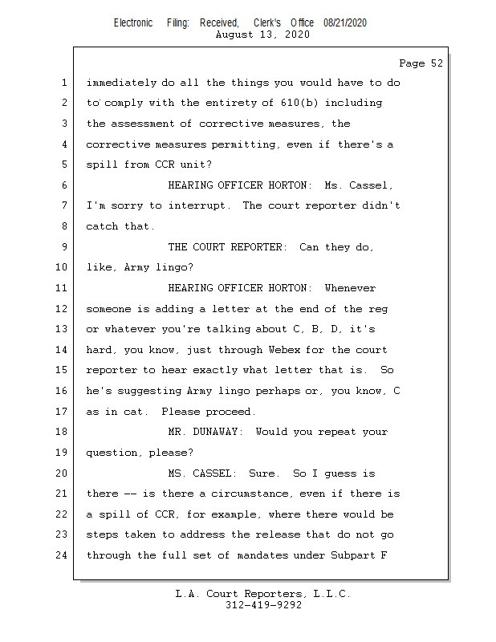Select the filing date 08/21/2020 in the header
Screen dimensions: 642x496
point(345,23)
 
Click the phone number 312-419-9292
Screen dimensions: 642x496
point(263,606)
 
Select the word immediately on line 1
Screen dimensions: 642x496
point(121,83)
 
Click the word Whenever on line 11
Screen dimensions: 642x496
point(350,288)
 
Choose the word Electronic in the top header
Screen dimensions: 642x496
point(133,23)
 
